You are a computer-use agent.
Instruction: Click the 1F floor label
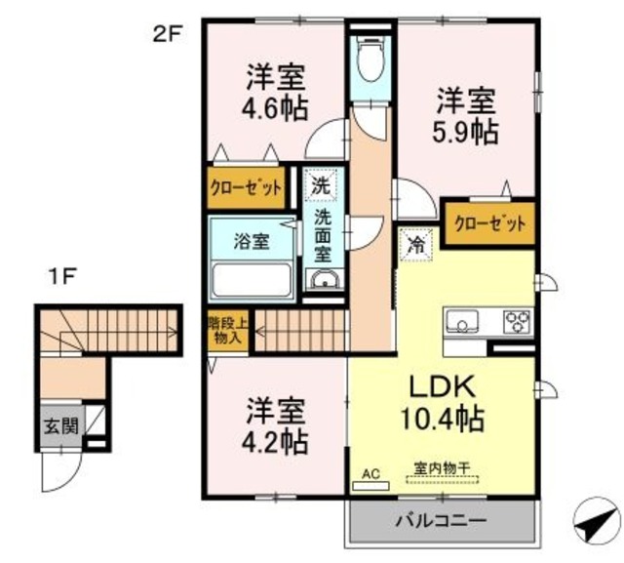pyautogui.click(x=62, y=276)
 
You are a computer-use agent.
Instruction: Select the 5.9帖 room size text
pyautogui.click(x=466, y=132)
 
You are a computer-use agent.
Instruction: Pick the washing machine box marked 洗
pyautogui.click(x=320, y=181)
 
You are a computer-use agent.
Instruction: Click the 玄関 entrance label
pyautogui.click(x=54, y=425)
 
